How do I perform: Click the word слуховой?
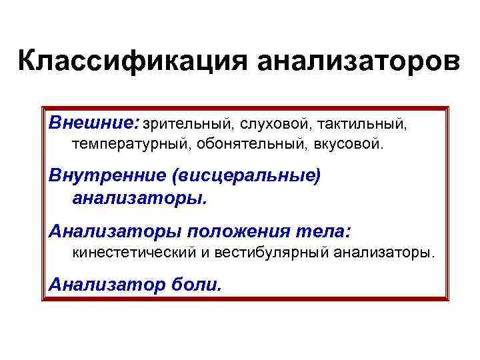click(274, 123)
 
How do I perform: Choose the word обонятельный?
click(245, 143)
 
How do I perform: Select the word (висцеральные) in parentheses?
click(245, 176)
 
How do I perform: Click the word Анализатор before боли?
click(105, 285)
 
